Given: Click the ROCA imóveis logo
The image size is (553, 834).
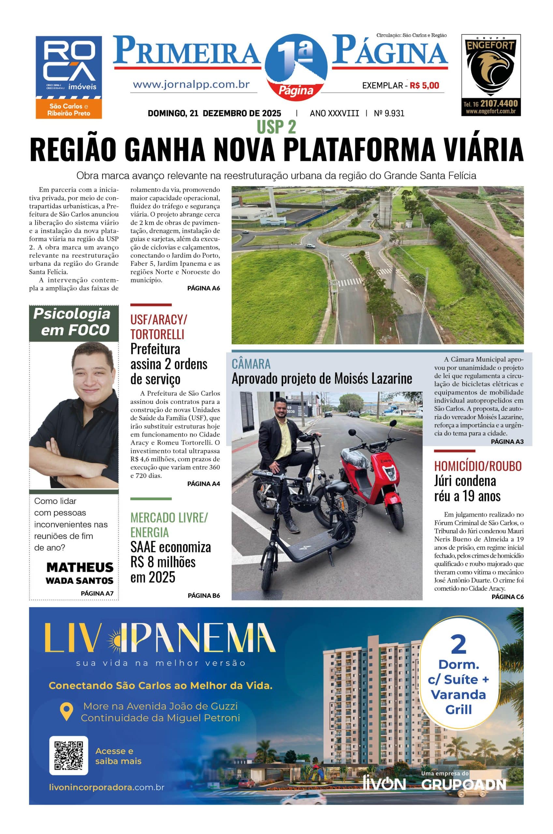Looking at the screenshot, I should click(x=69, y=77).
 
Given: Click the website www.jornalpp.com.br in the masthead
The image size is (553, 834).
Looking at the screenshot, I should click(x=192, y=85).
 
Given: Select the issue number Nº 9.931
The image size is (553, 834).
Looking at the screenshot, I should click(x=389, y=113).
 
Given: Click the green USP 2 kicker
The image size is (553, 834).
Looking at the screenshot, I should click(x=276, y=127).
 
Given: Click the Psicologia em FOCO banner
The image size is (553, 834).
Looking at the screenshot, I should click(x=74, y=322).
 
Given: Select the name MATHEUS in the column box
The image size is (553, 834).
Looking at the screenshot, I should click(x=80, y=567).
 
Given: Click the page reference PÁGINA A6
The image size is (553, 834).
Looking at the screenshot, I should click(x=203, y=288).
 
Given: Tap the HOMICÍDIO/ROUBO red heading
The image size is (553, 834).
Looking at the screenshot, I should click(x=477, y=466).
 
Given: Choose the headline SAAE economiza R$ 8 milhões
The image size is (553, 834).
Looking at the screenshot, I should click(x=170, y=562).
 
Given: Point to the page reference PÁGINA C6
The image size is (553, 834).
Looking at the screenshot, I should click(x=507, y=597).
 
